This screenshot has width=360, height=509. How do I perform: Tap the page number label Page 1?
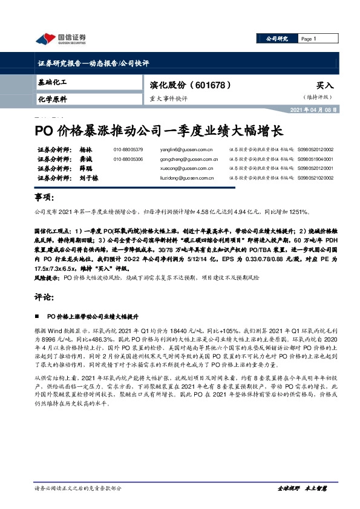tap(309, 39)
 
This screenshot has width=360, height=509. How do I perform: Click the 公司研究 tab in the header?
tap(277, 39)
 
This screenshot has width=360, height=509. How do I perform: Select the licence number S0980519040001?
tap(319, 159)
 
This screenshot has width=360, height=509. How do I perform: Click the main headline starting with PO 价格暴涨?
tap(157, 130)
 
